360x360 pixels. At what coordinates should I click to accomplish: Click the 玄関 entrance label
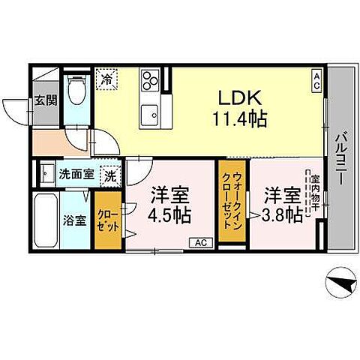(x=42, y=101)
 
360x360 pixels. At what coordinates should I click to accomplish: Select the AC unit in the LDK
(x=316, y=78)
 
